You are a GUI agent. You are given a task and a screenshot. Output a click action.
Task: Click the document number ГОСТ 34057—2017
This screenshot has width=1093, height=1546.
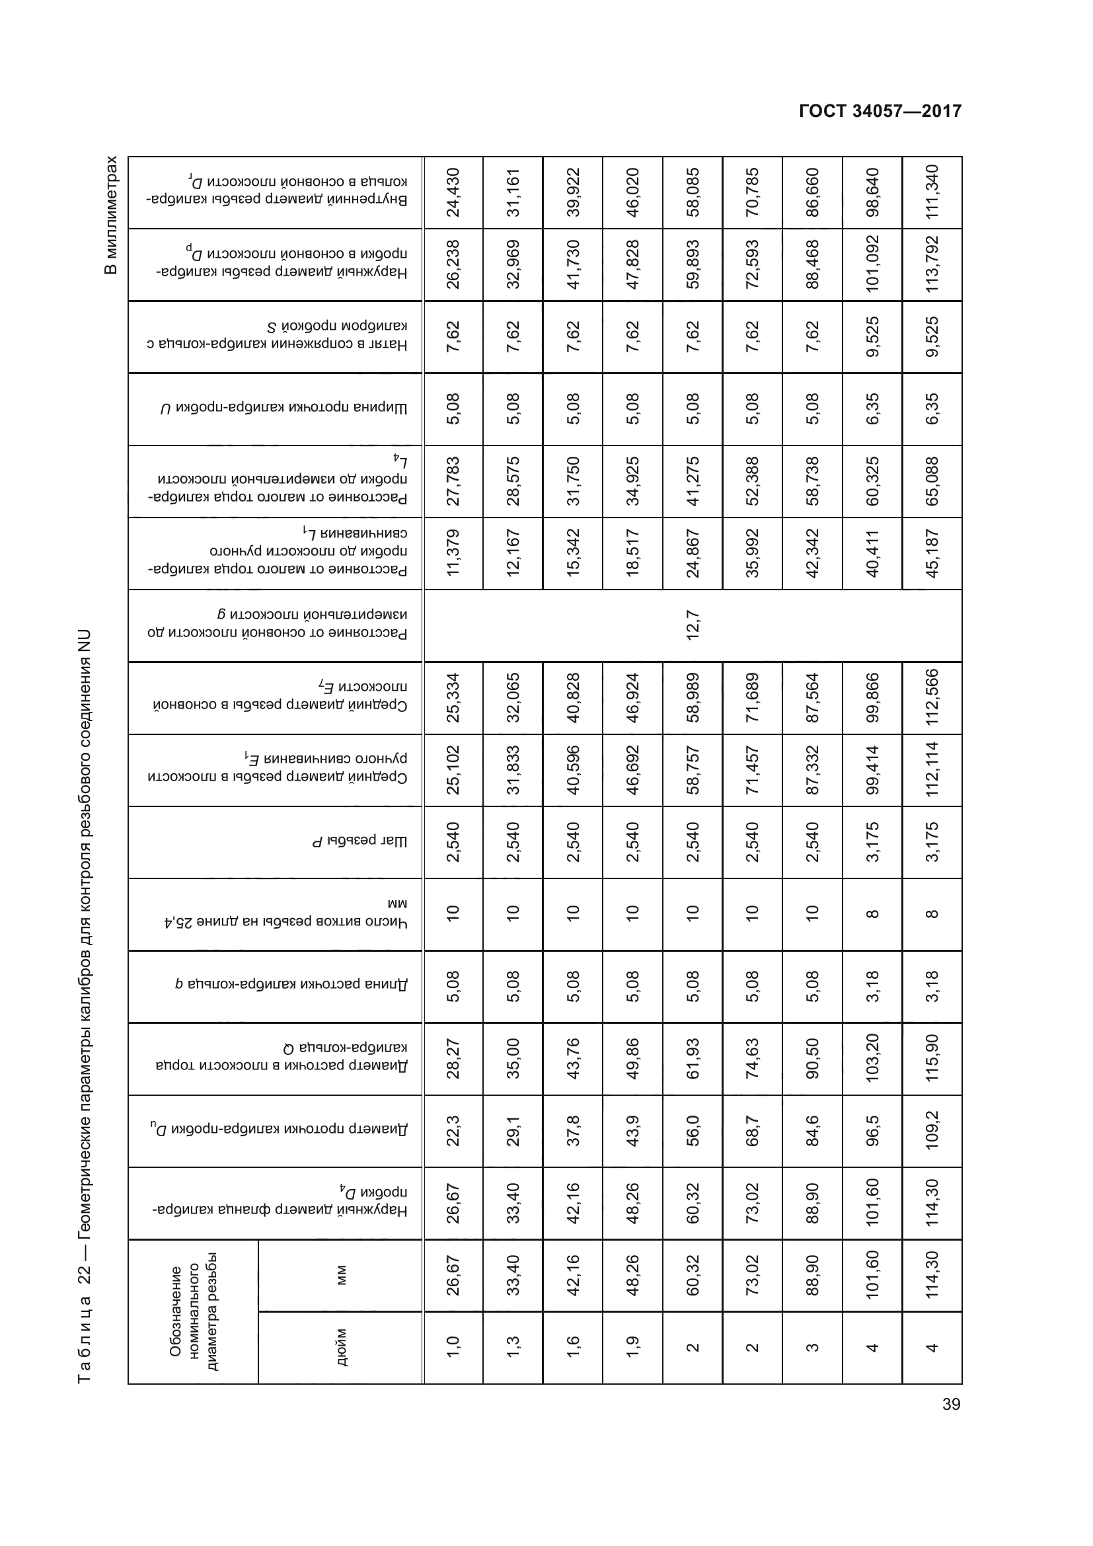pyautogui.click(x=880, y=111)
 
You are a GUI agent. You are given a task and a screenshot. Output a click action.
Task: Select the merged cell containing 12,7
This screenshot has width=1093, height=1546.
pyautogui.click(x=693, y=625)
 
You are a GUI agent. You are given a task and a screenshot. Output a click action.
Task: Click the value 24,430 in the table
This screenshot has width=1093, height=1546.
pyautogui.click(x=453, y=192)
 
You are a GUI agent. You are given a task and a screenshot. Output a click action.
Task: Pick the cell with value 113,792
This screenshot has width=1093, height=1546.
pyautogui.click(x=932, y=264)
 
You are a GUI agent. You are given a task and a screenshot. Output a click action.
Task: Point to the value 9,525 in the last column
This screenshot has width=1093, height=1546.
pyautogui.click(x=932, y=336)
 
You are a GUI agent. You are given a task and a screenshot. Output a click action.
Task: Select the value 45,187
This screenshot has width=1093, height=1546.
pyautogui.click(x=932, y=553)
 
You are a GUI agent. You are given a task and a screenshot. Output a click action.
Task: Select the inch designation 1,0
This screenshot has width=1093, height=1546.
pyautogui.click(x=453, y=1346)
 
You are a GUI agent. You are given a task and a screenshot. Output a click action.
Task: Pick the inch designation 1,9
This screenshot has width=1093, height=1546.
pyautogui.click(x=632, y=1346)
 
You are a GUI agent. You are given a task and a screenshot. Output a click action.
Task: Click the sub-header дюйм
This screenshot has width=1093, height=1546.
pyautogui.click(x=340, y=1346)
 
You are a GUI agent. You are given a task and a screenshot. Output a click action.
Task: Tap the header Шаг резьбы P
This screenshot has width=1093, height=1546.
pyautogui.click(x=360, y=841)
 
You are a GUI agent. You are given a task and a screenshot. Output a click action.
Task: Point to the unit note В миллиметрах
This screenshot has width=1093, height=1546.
pyautogui.click(x=111, y=215)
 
